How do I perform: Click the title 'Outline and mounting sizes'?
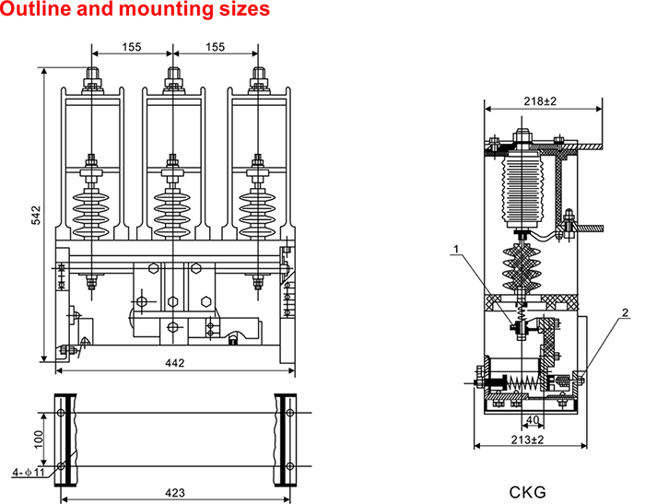pyautogui.click(x=135, y=11)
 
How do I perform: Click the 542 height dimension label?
pyautogui.click(x=36, y=215)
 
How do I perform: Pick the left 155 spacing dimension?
pyautogui.click(x=132, y=47)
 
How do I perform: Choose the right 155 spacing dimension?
pyautogui.click(x=215, y=47)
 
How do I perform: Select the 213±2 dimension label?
pyautogui.click(x=526, y=440)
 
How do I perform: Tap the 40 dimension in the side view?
pyautogui.click(x=531, y=419)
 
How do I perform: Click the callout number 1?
pyautogui.click(x=455, y=247)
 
